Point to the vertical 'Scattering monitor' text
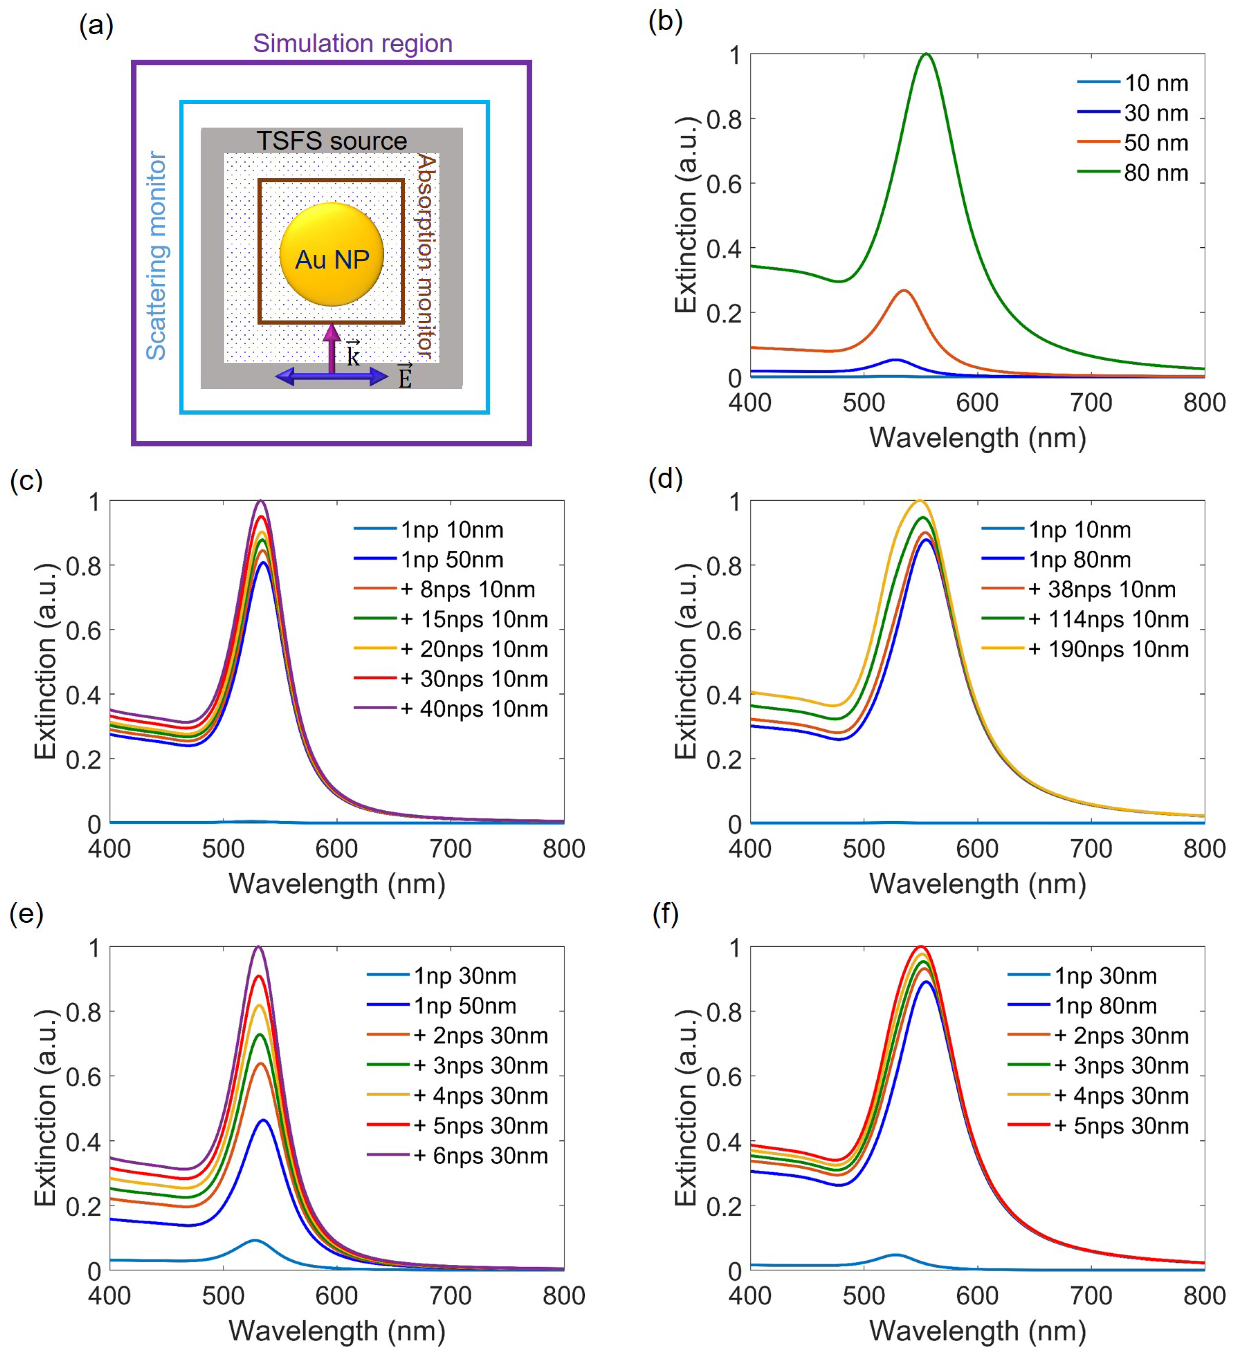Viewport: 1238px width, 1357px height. (x=156, y=256)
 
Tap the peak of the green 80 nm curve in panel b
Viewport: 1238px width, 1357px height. (x=927, y=54)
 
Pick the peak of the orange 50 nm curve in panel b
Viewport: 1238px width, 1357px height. (x=904, y=291)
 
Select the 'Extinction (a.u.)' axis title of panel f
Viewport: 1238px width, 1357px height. (x=686, y=1107)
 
